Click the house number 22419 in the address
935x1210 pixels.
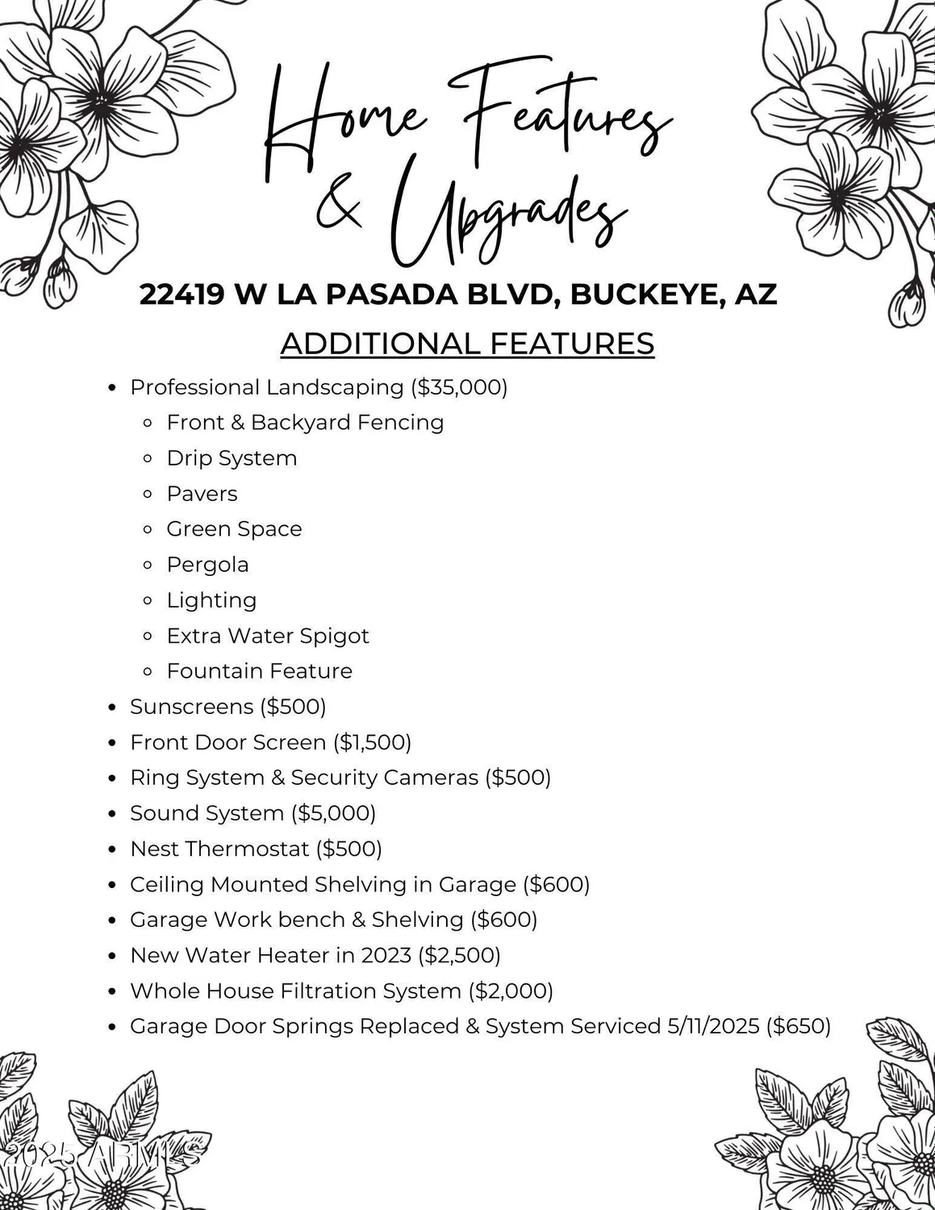[182, 294]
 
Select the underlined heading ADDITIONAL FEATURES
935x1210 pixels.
[467, 344]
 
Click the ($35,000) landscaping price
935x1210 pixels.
[459, 387]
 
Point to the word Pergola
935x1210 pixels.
[207, 565]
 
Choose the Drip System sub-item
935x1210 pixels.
[232, 458]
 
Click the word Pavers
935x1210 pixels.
[202, 494]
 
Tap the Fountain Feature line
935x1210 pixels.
[259, 671]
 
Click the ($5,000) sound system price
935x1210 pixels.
[333, 813]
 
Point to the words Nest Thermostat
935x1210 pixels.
[219, 849]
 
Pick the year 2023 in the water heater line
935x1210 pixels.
[386, 955]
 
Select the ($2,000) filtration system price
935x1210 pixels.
[511, 991]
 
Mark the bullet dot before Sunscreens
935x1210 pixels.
[113, 707]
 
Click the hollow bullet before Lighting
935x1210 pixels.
[148, 601]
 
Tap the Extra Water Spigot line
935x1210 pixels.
[267, 636]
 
